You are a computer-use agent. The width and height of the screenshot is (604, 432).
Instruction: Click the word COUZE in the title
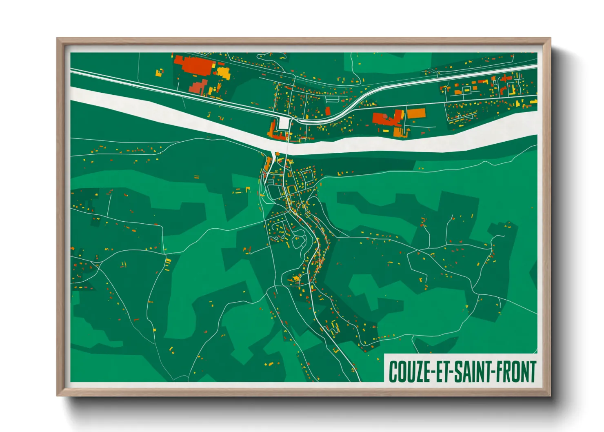pos(409,372)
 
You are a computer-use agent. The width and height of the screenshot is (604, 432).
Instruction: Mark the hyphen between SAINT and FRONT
pos(493,372)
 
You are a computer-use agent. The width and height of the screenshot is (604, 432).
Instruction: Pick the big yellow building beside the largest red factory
pos(223,73)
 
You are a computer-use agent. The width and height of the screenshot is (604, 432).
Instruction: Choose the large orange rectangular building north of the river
pos(416,113)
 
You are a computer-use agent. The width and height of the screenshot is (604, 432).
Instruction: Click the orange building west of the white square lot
pos(273,129)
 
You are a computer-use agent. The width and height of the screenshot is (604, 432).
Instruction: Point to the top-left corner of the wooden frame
pos(57,38)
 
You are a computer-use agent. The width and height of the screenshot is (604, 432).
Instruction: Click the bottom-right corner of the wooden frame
pos(550,395)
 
